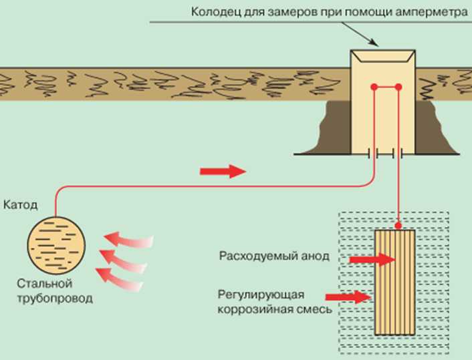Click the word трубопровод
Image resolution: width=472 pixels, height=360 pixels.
pos(53,298)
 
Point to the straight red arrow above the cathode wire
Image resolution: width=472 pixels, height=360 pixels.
pos(223,172)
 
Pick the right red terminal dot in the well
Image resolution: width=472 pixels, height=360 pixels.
pos(398,87)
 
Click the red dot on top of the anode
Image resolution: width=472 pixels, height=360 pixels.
pos(398,226)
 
